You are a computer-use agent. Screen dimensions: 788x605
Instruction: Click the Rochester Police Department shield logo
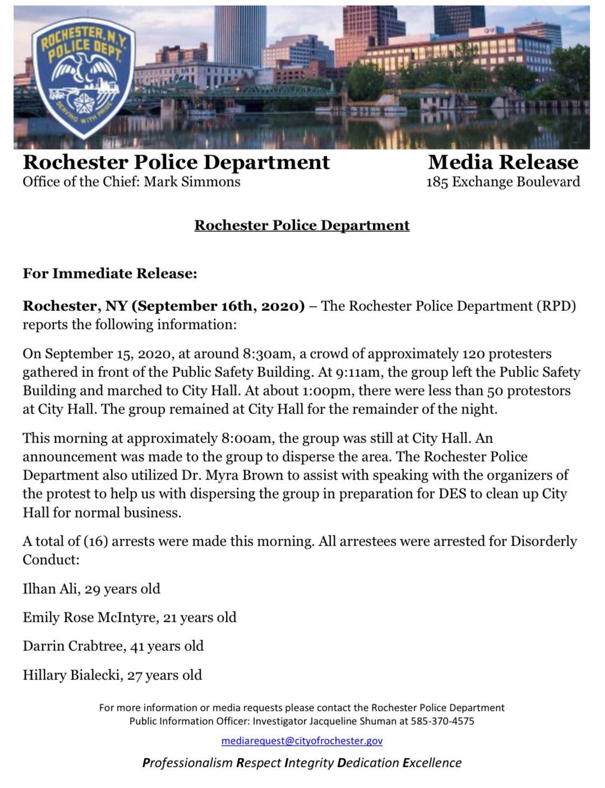[83, 77]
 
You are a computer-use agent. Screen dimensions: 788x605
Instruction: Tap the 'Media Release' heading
[503, 162]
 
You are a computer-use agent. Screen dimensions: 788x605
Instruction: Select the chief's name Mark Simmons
[192, 182]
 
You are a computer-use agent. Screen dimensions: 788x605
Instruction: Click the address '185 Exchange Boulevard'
[503, 182]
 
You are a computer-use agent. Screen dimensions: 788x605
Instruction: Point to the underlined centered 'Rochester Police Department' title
[302, 225]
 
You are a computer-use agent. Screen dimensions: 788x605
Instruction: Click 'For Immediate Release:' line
[110, 274]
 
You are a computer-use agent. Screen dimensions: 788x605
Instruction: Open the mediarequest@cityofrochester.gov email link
[302, 741]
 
